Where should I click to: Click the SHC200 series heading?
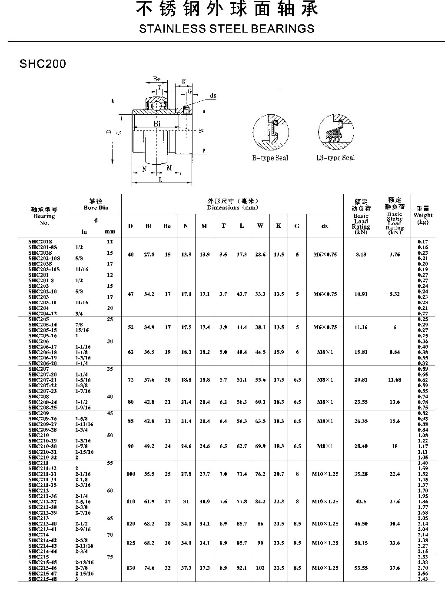click(x=43, y=64)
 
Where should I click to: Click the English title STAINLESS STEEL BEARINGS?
click(x=226, y=29)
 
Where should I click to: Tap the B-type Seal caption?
click(x=270, y=158)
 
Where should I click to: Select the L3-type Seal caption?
click(x=335, y=158)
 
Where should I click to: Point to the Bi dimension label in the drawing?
click(x=157, y=124)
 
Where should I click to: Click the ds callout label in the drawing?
click(x=213, y=96)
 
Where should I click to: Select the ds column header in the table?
click(x=325, y=226)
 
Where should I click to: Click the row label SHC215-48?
click(x=42, y=579)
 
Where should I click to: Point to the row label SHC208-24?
click(x=42, y=402)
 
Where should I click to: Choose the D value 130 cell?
click(x=130, y=568)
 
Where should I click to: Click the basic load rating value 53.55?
click(x=361, y=568)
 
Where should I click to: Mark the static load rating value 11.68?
click(x=395, y=380)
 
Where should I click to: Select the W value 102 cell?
click(x=260, y=568)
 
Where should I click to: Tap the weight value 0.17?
click(x=422, y=242)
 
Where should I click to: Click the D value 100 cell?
click(x=130, y=474)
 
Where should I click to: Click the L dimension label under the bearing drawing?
click(x=160, y=180)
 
